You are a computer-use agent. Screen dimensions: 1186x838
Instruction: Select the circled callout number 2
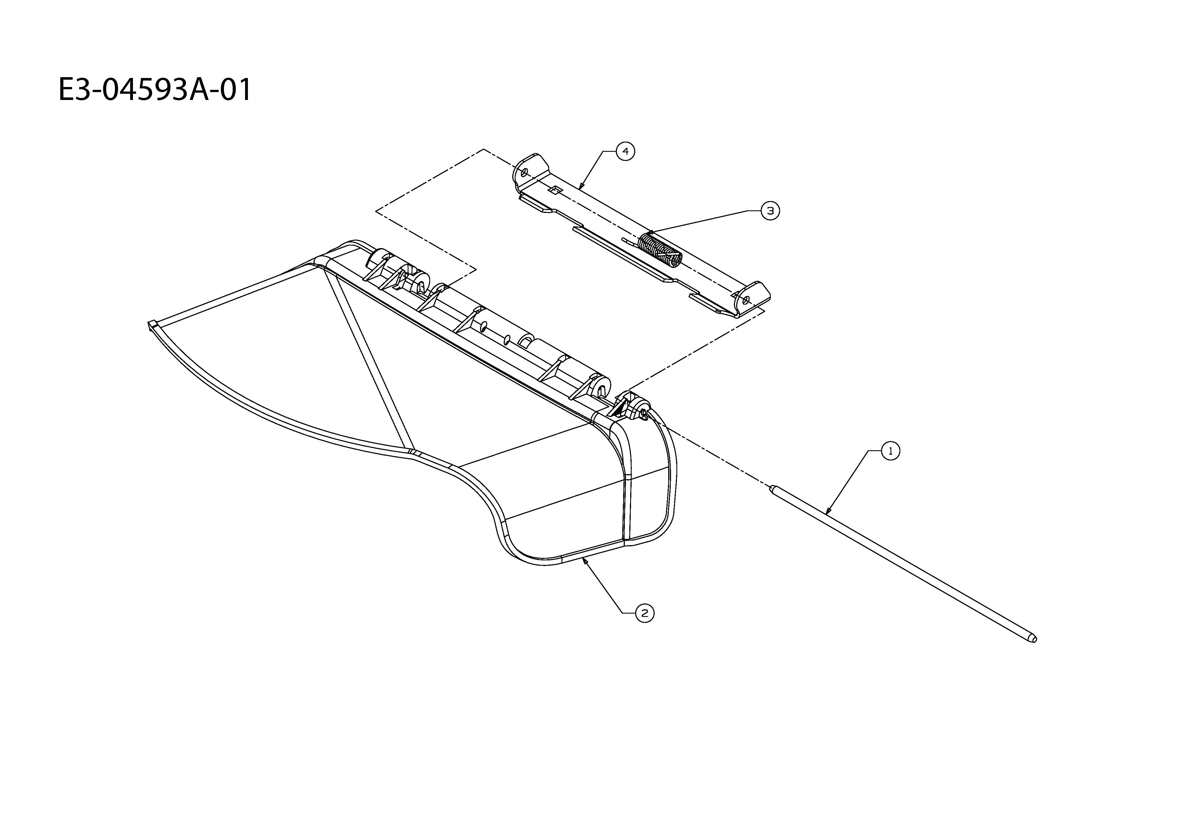644,613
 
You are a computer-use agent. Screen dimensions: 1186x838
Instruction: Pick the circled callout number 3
770,211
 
